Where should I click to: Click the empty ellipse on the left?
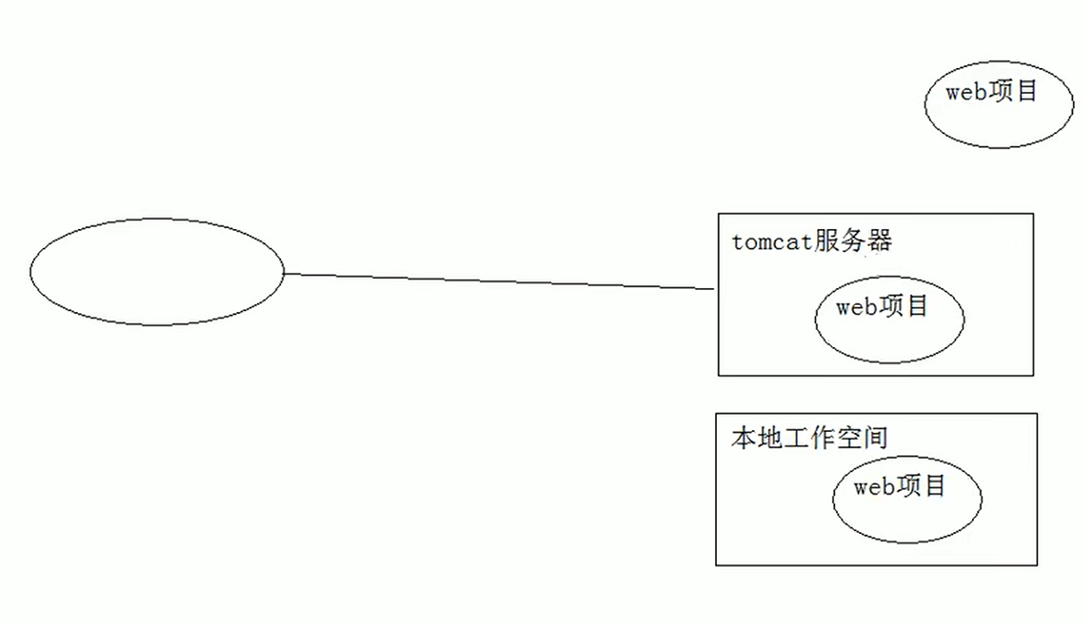(157, 272)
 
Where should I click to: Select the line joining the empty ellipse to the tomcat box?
(499, 282)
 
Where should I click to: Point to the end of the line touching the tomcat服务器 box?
(714, 289)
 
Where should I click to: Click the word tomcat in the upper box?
(772, 242)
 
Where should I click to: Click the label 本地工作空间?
(809, 438)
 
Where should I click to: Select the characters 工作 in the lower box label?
(809, 438)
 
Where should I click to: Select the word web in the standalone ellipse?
(966, 92)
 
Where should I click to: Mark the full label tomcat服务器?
(812, 242)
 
